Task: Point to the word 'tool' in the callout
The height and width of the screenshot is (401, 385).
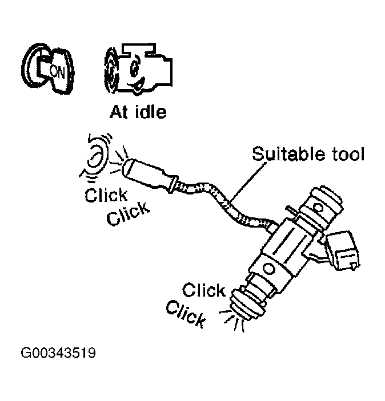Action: (346, 155)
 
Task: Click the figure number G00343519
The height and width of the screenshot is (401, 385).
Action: (59, 353)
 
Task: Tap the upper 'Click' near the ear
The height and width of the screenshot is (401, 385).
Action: (106, 196)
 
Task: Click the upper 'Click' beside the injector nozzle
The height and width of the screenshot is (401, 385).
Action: (204, 290)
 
